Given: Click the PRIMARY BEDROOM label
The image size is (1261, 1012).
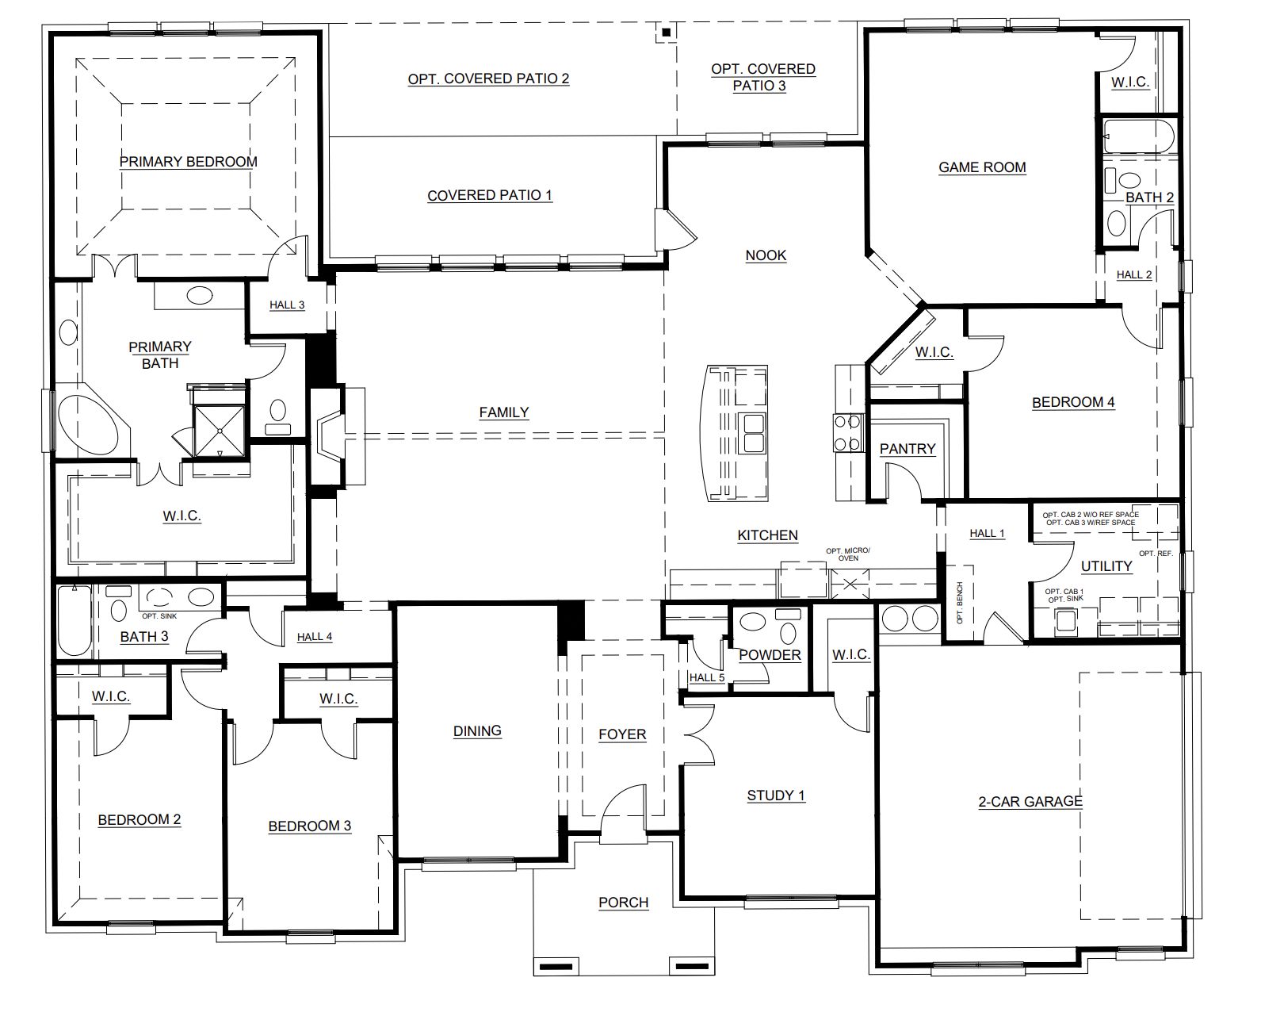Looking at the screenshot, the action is (188, 162).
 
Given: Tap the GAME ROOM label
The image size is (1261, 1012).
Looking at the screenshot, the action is (982, 167).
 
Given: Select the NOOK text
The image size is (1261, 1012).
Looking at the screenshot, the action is (766, 255).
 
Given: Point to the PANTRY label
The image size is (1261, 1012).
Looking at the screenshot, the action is (907, 449).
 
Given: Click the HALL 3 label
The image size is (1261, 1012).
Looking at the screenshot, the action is (287, 305).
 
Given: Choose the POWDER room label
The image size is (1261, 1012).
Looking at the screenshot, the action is (770, 656).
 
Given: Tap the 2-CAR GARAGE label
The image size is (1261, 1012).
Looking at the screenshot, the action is (1030, 802).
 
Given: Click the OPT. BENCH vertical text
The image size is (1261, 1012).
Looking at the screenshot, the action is (960, 603).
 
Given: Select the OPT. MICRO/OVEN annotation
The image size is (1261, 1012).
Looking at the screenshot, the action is (848, 554).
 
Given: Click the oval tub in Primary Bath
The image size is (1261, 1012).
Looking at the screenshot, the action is (88, 425).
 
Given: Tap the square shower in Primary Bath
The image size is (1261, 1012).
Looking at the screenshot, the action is (220, 431).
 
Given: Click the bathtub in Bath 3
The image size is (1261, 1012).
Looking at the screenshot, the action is (75, 620).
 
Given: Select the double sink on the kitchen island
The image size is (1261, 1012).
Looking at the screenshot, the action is (754, 433).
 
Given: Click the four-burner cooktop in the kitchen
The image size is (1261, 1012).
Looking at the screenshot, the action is (849, 433).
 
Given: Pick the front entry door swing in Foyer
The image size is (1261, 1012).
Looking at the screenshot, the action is (624, 808).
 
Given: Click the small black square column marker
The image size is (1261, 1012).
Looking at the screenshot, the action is (667, 33).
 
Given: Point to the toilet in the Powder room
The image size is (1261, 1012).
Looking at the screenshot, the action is (788, 627).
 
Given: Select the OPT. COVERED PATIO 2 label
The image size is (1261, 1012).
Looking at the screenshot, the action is (489, 79).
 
